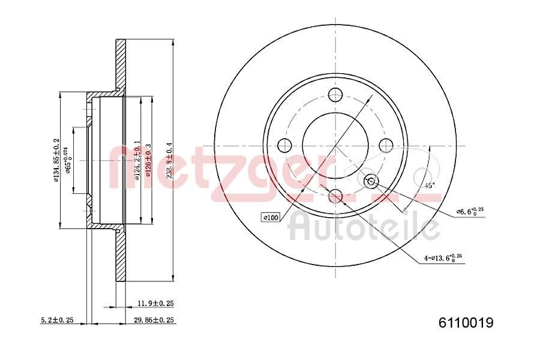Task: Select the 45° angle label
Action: pos(429,185)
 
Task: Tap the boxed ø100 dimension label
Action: pos(270,217)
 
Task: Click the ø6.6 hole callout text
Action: pos(470,212)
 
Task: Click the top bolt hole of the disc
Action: pos(335,94)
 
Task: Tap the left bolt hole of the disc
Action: pos(284,145)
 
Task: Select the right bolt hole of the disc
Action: pos(386,145)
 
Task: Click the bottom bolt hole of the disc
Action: pos(335,196)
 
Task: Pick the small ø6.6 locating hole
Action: pos(371,181)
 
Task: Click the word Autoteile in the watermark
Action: pos(364,228)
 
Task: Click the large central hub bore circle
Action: pos(335,145)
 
